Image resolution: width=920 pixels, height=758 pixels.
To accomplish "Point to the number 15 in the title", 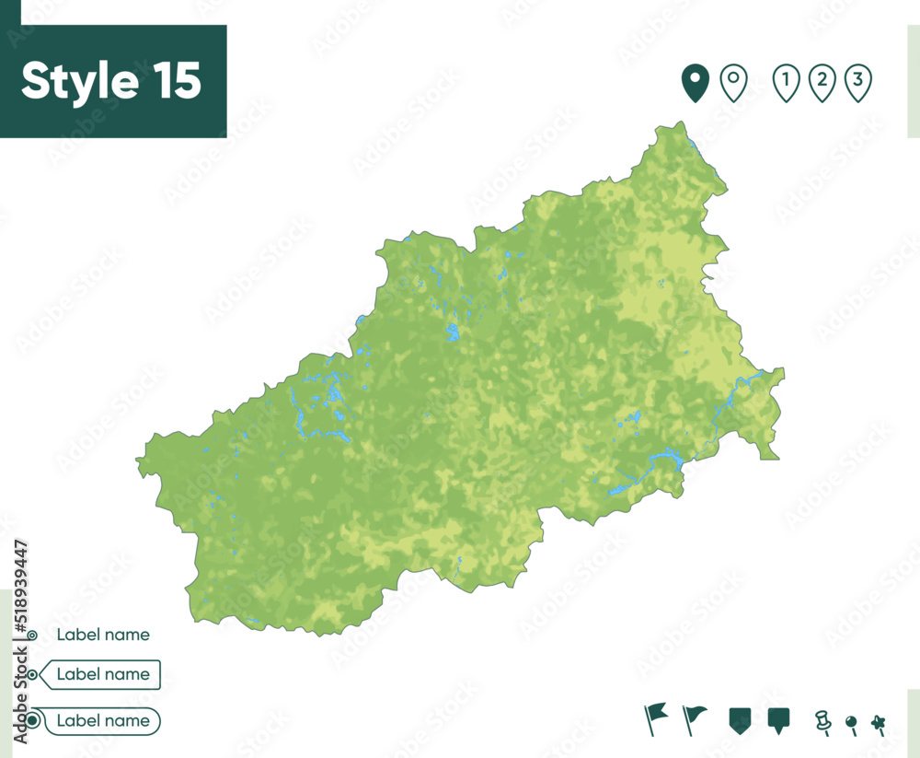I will coord(171,81).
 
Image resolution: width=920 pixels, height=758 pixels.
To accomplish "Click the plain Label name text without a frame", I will coord(103,635).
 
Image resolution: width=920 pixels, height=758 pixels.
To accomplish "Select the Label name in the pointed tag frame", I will coord(103,674).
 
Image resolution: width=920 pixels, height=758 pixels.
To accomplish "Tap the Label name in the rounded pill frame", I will coord(103,720).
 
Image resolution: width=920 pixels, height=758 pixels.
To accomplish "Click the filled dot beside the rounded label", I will coord(33,720).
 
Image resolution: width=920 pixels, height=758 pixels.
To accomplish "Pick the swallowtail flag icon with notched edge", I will coord(655,717).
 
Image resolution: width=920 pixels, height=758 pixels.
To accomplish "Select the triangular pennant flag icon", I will coord(695,717).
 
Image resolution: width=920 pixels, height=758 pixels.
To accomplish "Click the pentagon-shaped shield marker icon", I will coord(740,718).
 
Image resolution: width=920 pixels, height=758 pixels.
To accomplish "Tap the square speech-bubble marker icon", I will coord(779,719).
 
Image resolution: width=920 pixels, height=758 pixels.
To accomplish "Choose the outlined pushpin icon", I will coord(822,721).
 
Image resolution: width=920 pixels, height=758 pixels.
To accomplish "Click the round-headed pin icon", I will coord(851,723).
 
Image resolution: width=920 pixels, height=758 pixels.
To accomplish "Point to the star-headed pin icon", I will coord(879,722).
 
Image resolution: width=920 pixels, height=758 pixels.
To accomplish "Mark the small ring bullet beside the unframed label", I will coord(33,636).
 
